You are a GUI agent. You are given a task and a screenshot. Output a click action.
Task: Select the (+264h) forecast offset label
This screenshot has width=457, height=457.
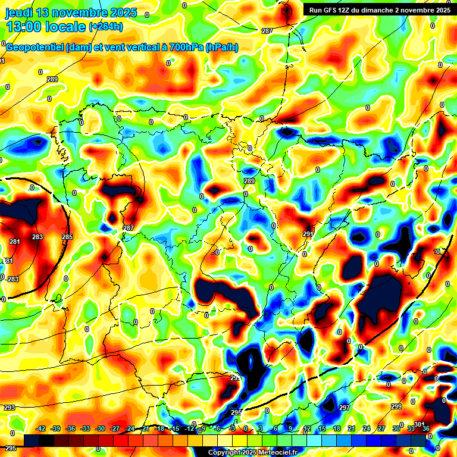(x=105, y=27)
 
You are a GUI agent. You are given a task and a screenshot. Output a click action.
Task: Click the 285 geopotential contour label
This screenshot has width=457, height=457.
(x=67, y=237)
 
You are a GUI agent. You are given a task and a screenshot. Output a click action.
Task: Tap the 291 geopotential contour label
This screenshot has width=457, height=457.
(x=308, y=234)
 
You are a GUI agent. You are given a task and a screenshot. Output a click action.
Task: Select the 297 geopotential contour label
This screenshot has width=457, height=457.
(x=345, y=408)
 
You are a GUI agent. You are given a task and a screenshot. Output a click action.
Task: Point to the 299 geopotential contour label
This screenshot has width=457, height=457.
(x=396, y=406)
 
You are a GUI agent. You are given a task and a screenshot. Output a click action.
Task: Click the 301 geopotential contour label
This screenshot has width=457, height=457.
(x=419, y=424)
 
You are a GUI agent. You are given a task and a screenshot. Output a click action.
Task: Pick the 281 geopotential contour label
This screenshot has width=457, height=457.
(x=15, y=242)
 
